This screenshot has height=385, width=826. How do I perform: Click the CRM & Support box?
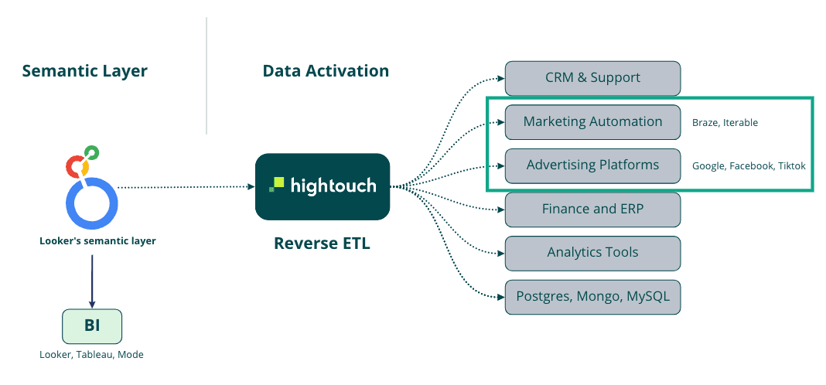point(592,78)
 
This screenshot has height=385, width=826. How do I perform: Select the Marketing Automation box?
point(592,121)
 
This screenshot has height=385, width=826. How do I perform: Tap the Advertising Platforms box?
point(592,165)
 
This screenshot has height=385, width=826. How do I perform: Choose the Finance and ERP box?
point(592,209)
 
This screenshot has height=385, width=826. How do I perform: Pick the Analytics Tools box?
point(592,253)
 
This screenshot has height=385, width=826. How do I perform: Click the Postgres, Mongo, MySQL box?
point(592,296)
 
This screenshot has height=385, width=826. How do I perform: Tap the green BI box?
point(92,326)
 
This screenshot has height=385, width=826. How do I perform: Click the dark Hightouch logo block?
point(323,186)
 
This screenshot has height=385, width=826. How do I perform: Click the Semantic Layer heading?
point(84,71)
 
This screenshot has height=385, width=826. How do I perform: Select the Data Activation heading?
point(326,71)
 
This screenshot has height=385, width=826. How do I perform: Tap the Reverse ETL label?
point(322,244)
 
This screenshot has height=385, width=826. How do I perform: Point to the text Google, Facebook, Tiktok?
point(749,165)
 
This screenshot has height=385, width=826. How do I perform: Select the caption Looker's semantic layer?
point(97,240)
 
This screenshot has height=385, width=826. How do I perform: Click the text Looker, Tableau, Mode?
point(91,355)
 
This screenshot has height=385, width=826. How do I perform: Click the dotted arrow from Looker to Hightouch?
point(186,186)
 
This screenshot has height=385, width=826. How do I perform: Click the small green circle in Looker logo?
point(91,152)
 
